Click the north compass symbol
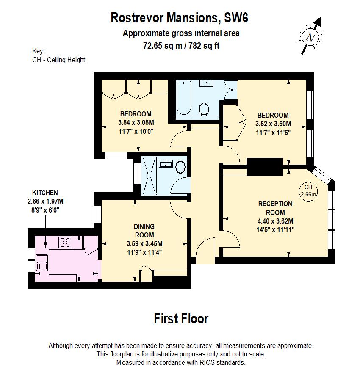tap(311, 37)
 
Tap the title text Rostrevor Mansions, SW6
tap(179, 18)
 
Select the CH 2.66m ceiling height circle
tap(308, 190)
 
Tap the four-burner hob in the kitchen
tap(65, 242)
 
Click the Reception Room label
tap(275, 208)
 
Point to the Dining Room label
tap(144, 231)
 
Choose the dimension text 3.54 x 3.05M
tap(136, 123)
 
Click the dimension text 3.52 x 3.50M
tap(273, 124)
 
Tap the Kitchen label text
tap(45, 193)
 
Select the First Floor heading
tap(181, 319)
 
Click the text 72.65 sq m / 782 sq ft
tap(181, 46)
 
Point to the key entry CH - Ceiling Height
tap(58, 60)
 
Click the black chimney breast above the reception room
tap(265, 166)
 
